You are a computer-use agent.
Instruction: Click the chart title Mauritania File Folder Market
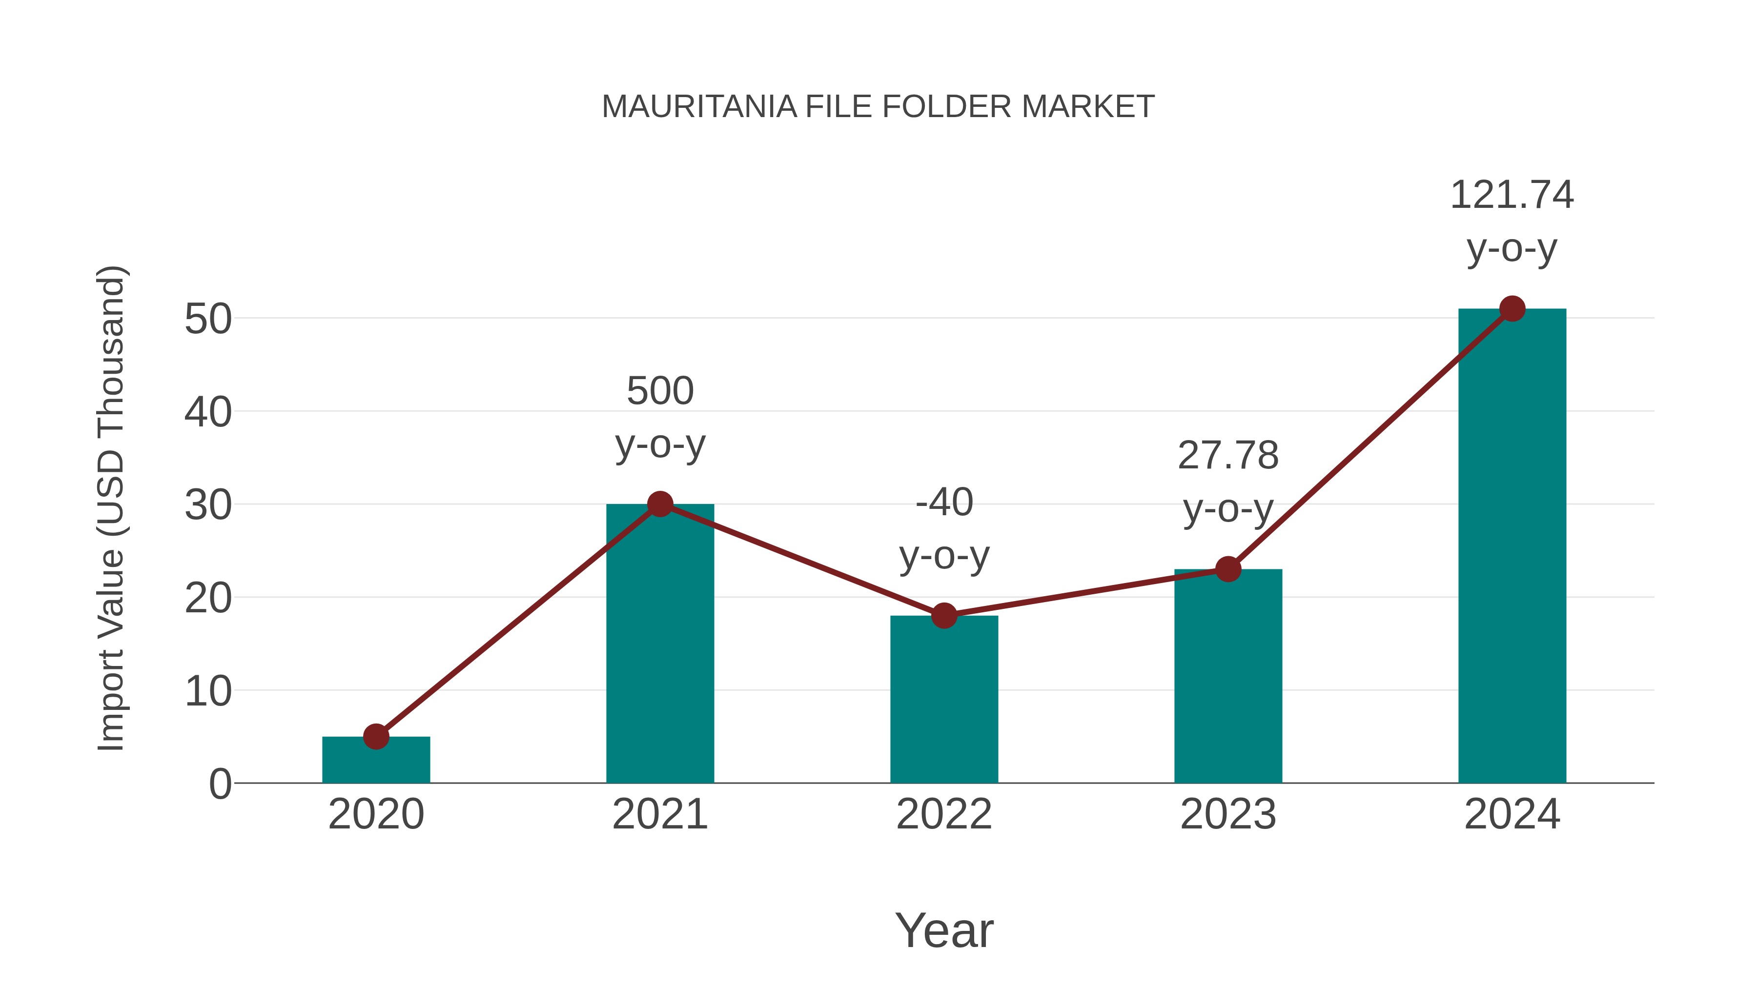pos(878,106)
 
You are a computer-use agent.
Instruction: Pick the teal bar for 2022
pos(944,702)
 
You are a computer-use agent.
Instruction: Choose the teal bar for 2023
pos(1228,679)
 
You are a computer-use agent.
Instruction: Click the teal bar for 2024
pos(1512,545)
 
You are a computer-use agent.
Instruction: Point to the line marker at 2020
pos(376,736)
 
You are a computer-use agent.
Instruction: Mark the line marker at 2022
pos(944,616)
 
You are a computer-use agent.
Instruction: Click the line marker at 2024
pos(1512,309)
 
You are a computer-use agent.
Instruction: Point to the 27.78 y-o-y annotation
pos(1228,482)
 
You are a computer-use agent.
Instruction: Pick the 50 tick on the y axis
pos(208,319)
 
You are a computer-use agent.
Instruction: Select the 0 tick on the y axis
pos(220,784)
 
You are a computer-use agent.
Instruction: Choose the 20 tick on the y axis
pos(208,598)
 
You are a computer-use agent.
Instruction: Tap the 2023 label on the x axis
pos(1228,814)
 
